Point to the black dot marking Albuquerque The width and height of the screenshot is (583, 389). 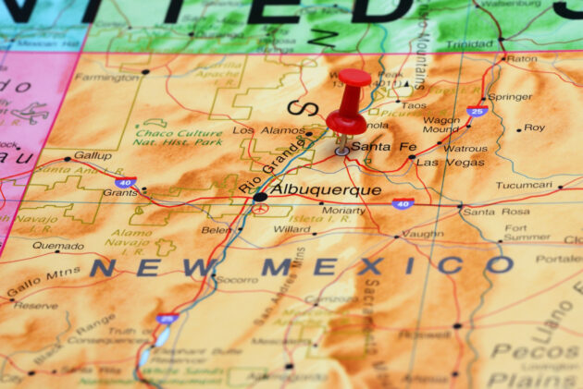click(260, 197)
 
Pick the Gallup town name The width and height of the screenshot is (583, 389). click(93, 155)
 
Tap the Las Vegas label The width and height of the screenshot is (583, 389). click(450, 162)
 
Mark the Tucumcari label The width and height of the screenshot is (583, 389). click(523, 185)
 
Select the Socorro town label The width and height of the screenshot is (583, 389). click(237, 278)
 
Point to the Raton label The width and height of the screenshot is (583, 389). click(522, 58)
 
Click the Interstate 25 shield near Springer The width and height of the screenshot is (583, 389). click(478, 112)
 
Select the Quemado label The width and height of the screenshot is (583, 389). click(57, 246)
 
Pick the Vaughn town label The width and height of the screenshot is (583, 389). click(422, 235)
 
